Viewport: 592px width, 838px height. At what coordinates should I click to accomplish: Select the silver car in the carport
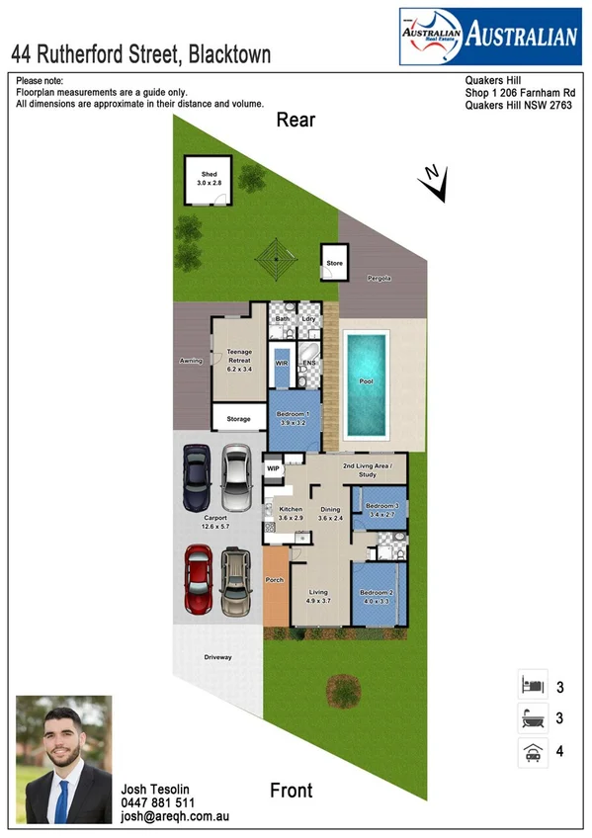click(235, 476)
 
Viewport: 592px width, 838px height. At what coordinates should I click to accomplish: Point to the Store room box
click(335, 263)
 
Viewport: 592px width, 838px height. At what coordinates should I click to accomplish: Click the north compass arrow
click(428, 175)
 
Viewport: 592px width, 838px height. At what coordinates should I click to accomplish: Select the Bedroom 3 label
click(381, 510)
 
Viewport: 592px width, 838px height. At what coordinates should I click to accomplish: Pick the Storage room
click(238, 419)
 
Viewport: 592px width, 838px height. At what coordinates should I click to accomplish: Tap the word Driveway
click(218, 655)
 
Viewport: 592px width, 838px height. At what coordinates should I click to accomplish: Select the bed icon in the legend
click(532, 684)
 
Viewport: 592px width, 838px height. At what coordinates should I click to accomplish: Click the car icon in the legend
click(532, 752)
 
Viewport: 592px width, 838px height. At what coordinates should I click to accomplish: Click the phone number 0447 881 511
click(158, 803)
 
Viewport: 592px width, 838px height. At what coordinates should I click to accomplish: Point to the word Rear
click(296, 121)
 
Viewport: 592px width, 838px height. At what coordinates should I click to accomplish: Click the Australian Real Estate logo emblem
click(431, 37)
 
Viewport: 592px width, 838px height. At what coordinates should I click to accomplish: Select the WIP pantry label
click(274, 468)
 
